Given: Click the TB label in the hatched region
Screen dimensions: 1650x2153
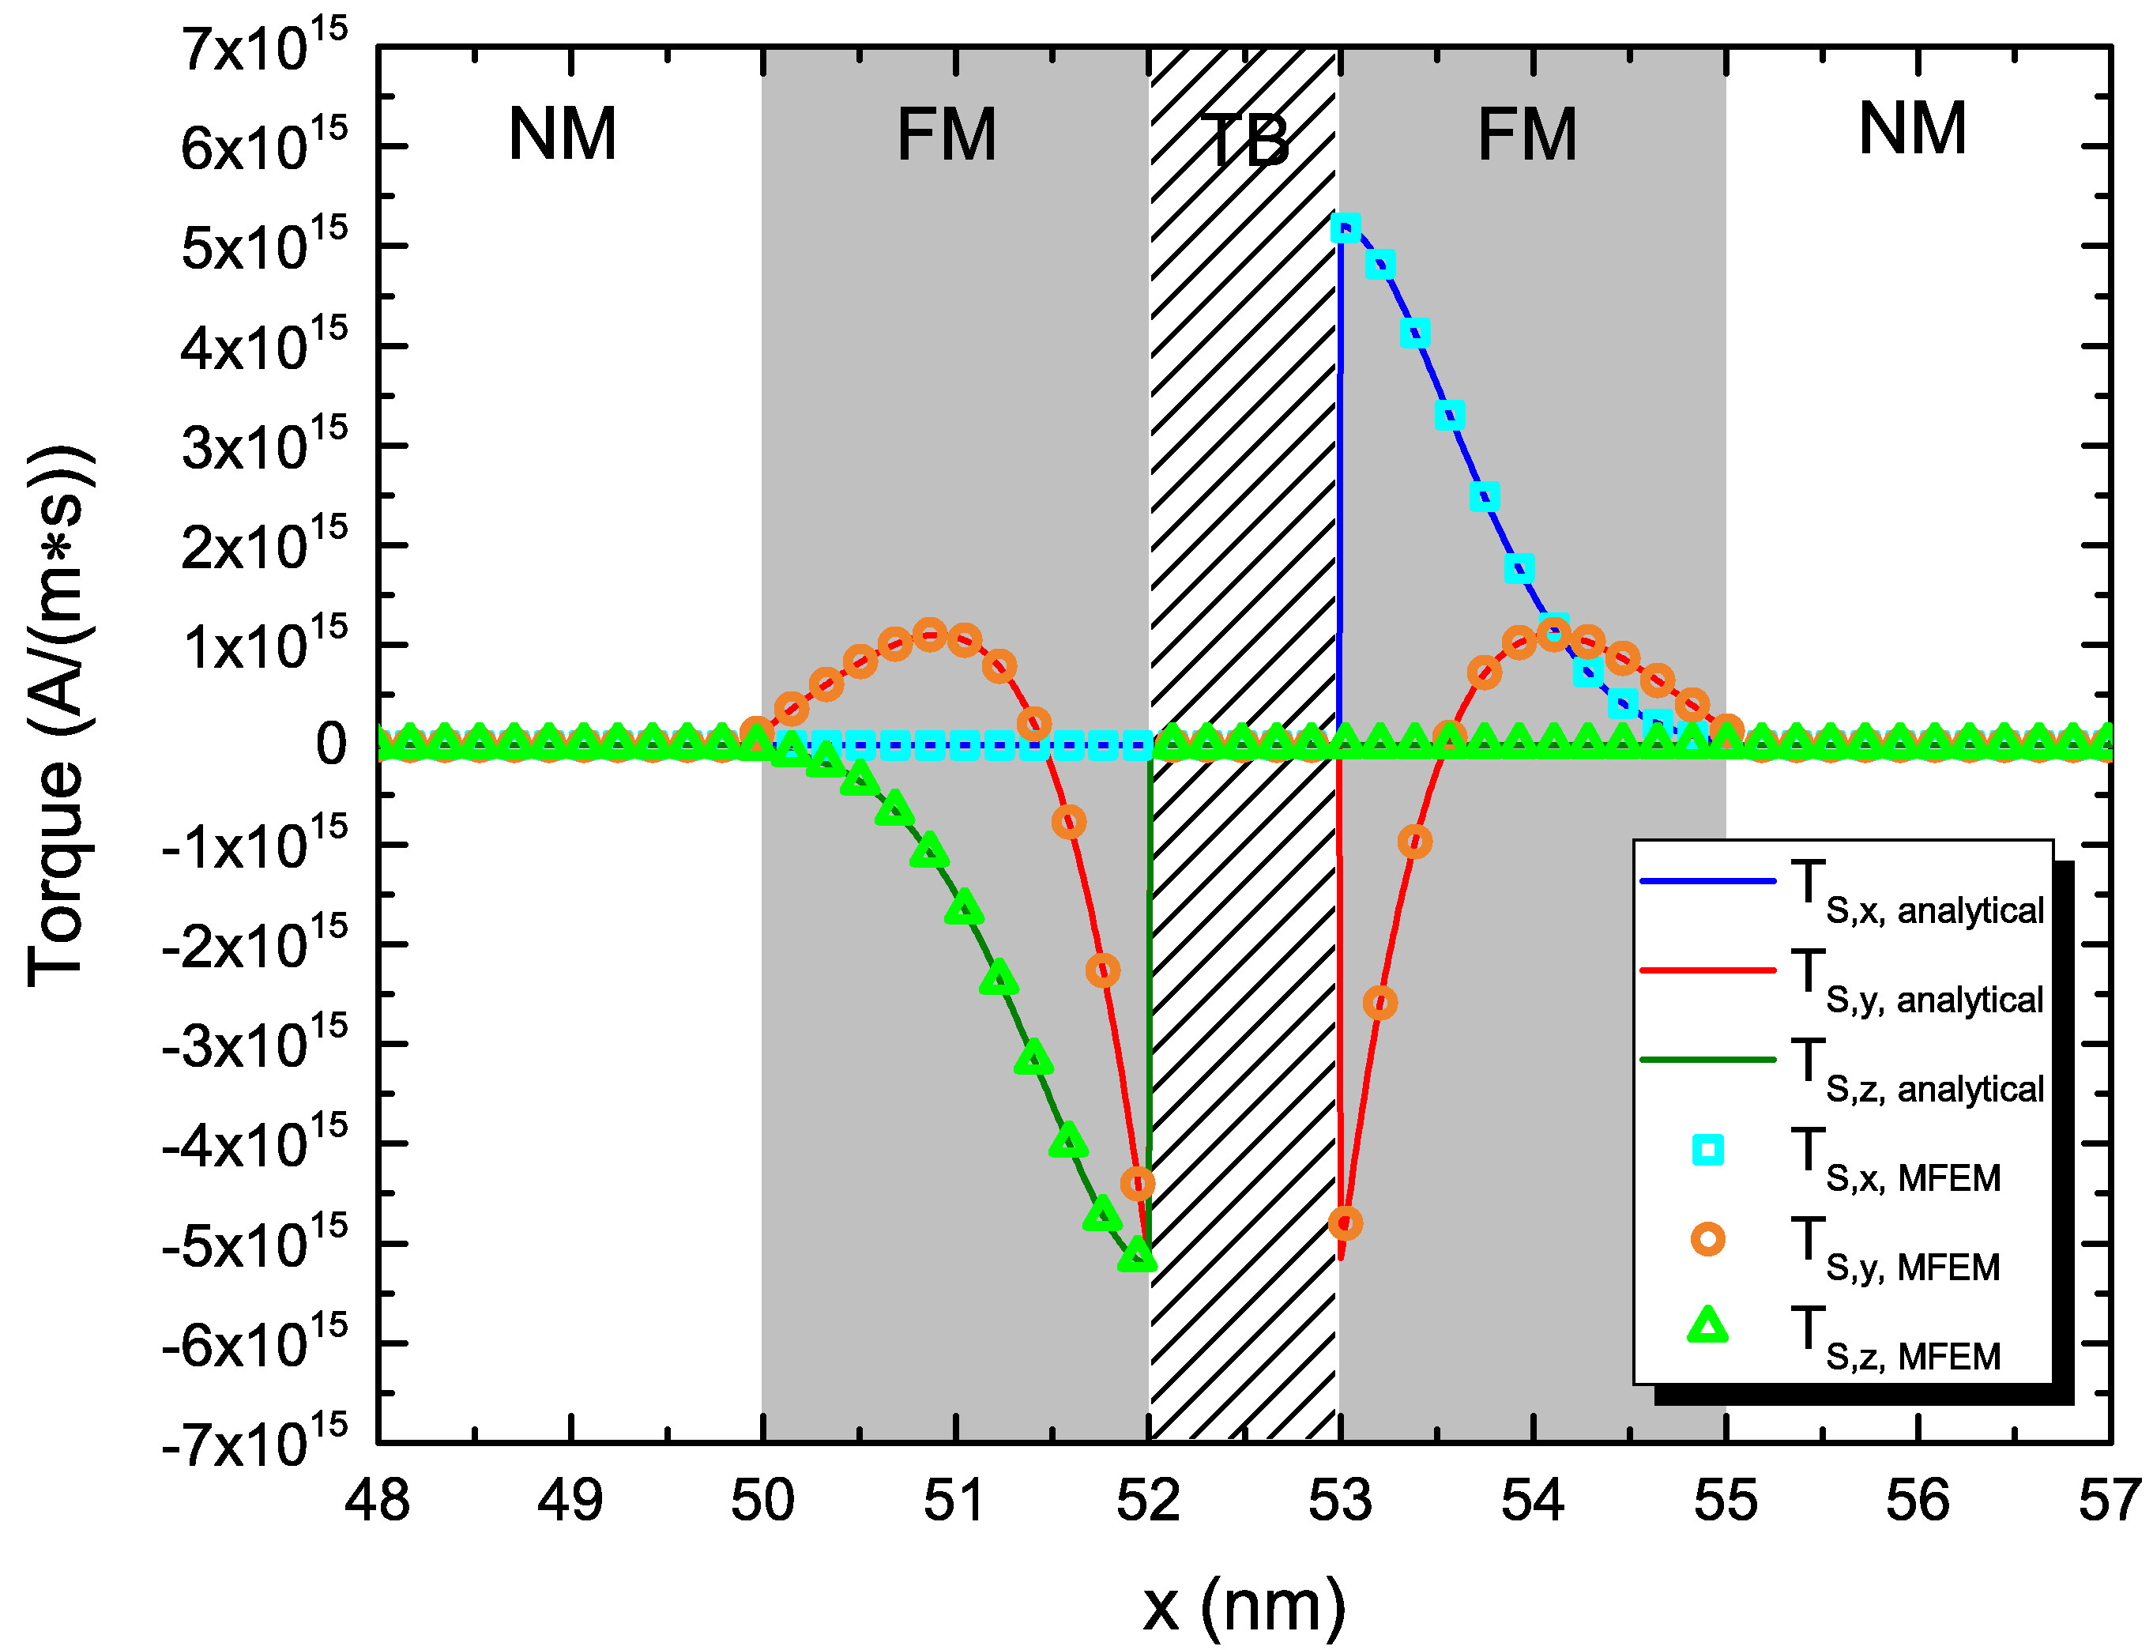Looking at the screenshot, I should [x=1245, y=141].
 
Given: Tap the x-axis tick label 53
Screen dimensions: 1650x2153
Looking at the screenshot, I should [x=1339, y=1500].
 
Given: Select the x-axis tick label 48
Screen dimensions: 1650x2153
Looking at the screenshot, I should [x=377, y=1500].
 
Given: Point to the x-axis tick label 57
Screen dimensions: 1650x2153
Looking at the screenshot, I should [x=2109, y=1500].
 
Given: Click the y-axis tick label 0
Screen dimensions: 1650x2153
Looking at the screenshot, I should [x=331, y=744].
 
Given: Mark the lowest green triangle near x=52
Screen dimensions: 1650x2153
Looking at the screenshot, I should [x=1137, y=1255].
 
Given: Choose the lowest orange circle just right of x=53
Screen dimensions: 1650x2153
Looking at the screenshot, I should [x=1345, y=1222].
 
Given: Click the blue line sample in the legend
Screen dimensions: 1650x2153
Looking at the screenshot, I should [x=1707, y=882].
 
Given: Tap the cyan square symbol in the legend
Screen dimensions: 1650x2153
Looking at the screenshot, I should [x=1707, y=1149].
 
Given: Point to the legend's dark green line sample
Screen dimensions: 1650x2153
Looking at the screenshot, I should [x=1707, y=1060].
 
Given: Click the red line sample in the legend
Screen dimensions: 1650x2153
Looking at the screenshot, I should [x=1707, y=970].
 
